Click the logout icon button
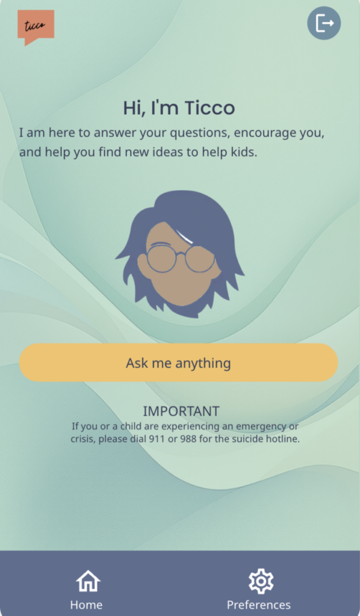tap(324, 23)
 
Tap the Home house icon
tap(88, 581)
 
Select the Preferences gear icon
tap(261, 581)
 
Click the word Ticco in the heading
tap(209, 108)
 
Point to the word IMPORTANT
tap(181, 411)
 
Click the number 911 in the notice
tap(157, 439)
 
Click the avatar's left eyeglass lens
tap(161, 258)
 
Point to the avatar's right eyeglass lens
tap(200, 259)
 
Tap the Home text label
tap(87, 605)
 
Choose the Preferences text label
tap(259, 605)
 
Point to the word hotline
tap(284, 439)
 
